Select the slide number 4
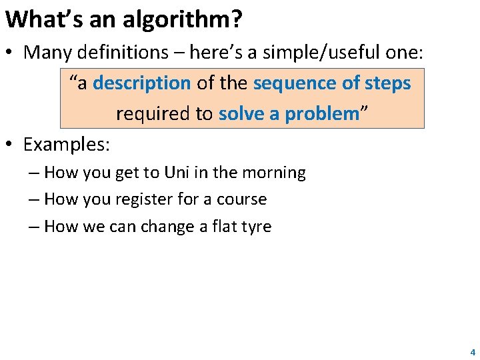tap(473, 351)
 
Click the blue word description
tap(142, 83)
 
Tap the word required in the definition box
tap(153, 114)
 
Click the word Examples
tap(66, 144)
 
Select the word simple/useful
tap(334, 53)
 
